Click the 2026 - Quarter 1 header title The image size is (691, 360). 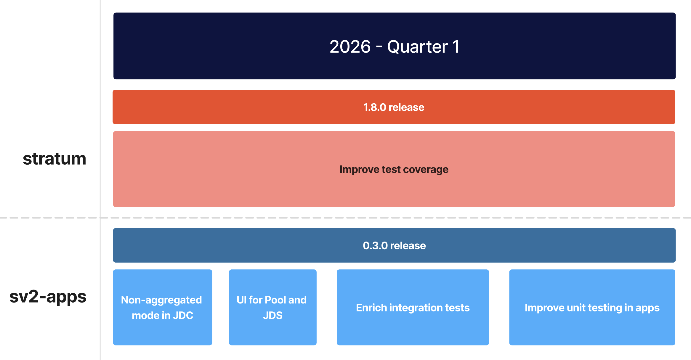click(x=394, y=46)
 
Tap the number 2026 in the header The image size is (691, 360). click(x=350, y=47)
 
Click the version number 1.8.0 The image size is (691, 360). click(x=374, y=107)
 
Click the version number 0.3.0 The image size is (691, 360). click(x=375, y=246)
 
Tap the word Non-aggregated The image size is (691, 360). click(x=161, y=300)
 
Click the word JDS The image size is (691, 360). click(x=272, y=316)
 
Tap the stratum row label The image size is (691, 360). click(x=54, y=159)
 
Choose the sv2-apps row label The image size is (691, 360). click(x=48, y=297)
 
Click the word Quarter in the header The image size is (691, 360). click(x=417, y=47)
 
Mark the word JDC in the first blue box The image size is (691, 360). click(x=183, y=316)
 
